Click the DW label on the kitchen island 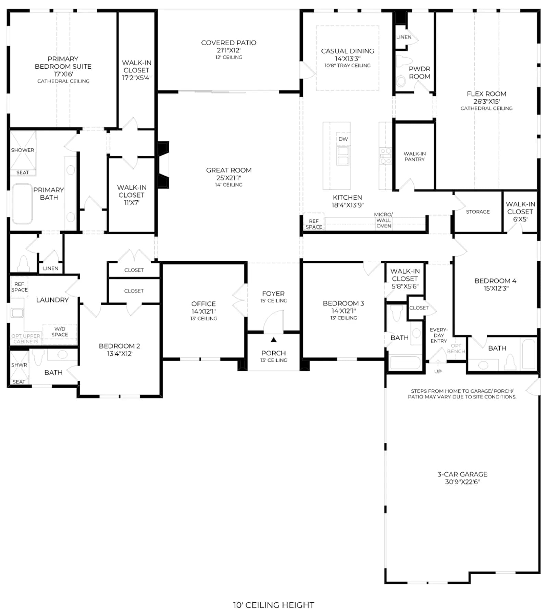point(343,139)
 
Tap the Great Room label point(229,170)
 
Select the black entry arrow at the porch point(273,340)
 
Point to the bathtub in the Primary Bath point(22,204)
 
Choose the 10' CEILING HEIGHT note point(273,605)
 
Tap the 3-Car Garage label point(462,474)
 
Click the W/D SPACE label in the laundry point(60,332)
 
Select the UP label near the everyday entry point(438,371)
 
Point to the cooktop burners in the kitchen point(385,156)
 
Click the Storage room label point(478,212)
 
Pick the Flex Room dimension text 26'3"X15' point(486,101)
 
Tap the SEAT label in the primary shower point(23,173)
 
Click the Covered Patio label point(228,43)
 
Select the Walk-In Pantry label point(414,156)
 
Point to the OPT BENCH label point(456,348)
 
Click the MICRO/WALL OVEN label point(384,220)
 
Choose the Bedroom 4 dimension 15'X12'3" point(496,288)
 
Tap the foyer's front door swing point(273,321)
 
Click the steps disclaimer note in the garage point(462,394)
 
